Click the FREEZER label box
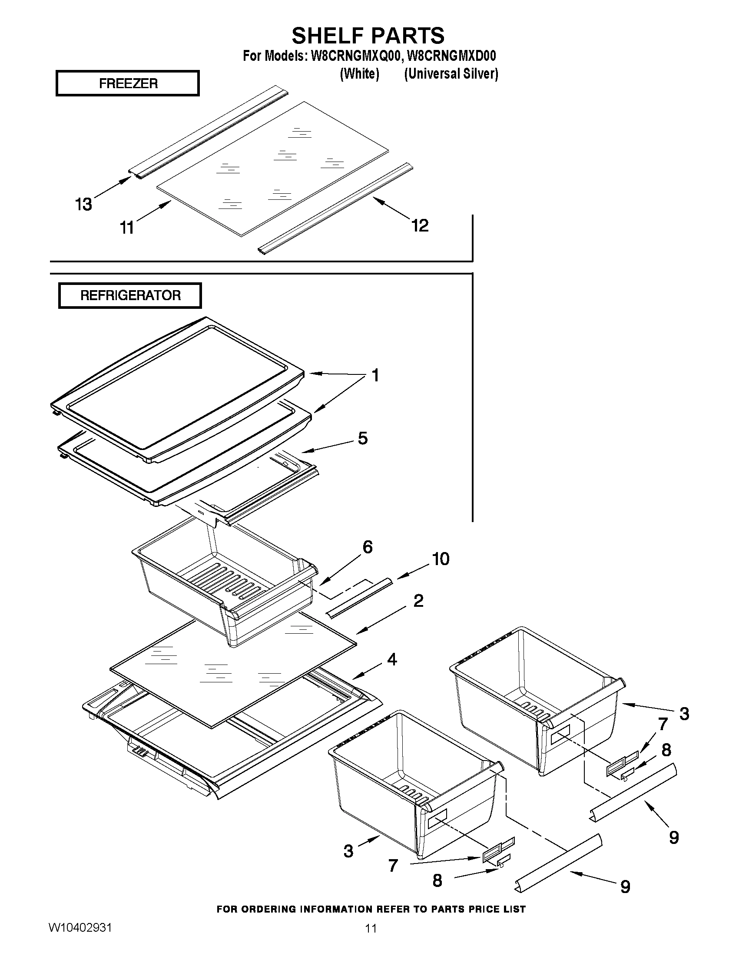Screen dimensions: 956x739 (127, 83)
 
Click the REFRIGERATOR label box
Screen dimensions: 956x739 (130, 295)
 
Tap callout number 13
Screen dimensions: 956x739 (83, 205)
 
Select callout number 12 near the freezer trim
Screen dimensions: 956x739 (420, 225)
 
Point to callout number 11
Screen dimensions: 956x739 (127, 228)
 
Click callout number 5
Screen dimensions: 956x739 (362, 438)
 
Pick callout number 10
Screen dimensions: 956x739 (441, 559)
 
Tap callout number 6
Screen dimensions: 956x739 (367, 547)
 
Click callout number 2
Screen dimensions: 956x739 (418, 601)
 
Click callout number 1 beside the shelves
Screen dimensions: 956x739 (375, 375)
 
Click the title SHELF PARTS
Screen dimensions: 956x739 (368, 36)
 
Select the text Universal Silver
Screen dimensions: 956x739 (451, 73)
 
